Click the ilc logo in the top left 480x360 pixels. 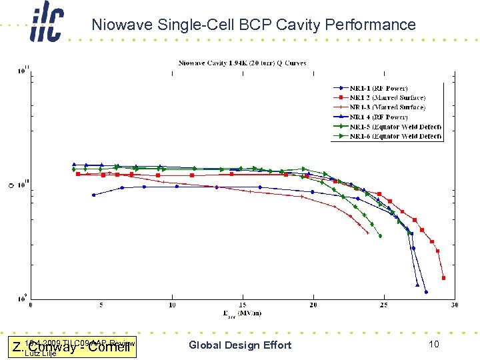point(47,25)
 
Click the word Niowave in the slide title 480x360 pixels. point(119,25)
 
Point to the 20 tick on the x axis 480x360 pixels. point(313,305)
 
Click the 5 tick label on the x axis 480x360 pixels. point(101,305)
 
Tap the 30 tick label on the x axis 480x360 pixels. point(454,305)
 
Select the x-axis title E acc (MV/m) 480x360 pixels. point(242,314)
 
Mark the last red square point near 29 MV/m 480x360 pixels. point(443,278)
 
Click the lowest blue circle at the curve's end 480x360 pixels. point(426,292)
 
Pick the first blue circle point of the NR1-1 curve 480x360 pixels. point(93,195)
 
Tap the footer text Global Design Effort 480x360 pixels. point(240,345)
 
